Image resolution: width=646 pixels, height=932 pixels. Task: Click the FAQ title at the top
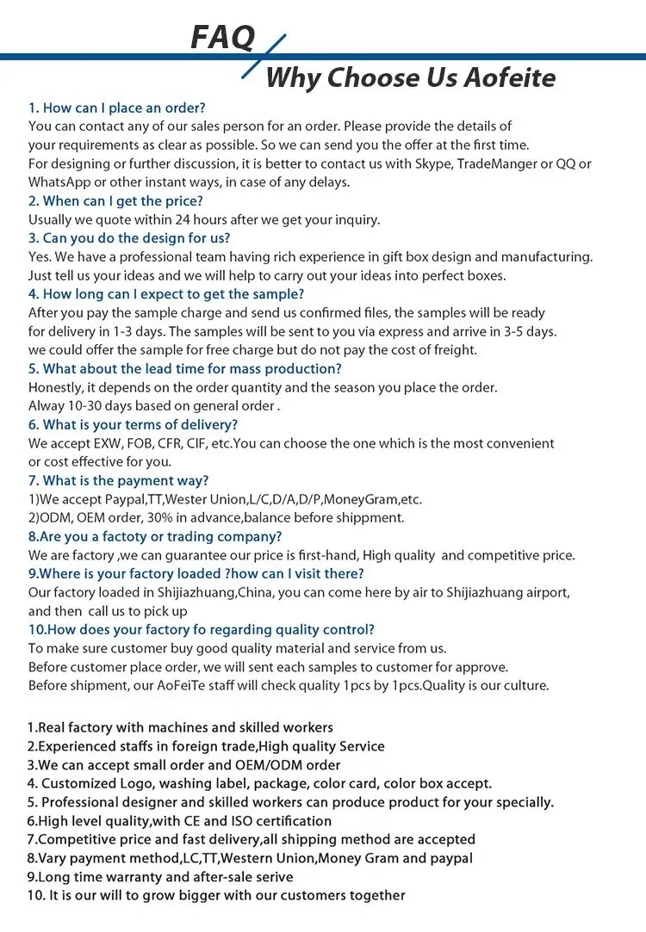222,38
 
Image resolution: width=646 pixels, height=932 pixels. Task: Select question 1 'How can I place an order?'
117,108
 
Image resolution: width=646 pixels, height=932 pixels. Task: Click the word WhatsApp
61,182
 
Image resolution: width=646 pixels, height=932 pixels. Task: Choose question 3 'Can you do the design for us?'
129,238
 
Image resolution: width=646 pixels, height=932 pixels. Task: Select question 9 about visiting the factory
196,573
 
